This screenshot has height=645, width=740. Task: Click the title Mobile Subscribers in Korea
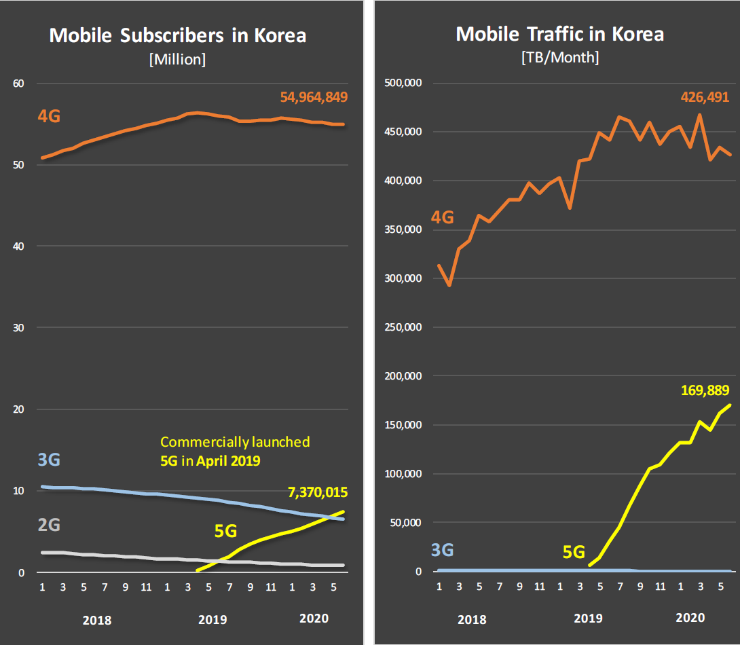[178, 35]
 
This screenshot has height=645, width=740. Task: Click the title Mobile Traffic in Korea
[559, 34]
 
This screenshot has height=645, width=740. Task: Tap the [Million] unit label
[177, 60]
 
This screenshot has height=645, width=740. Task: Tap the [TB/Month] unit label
[559, 58]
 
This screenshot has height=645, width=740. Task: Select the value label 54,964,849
[314, 97]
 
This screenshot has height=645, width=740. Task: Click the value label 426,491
[705, 97]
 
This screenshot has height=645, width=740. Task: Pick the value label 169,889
[705, 390]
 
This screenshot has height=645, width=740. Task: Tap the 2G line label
[48, 525]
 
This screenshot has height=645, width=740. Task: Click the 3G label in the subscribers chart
[48, 460]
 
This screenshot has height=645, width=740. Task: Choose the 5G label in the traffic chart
[574, 552]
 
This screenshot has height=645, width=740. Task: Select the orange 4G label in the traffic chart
[442, 218]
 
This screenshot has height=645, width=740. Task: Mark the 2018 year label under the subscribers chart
[96, 620]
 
